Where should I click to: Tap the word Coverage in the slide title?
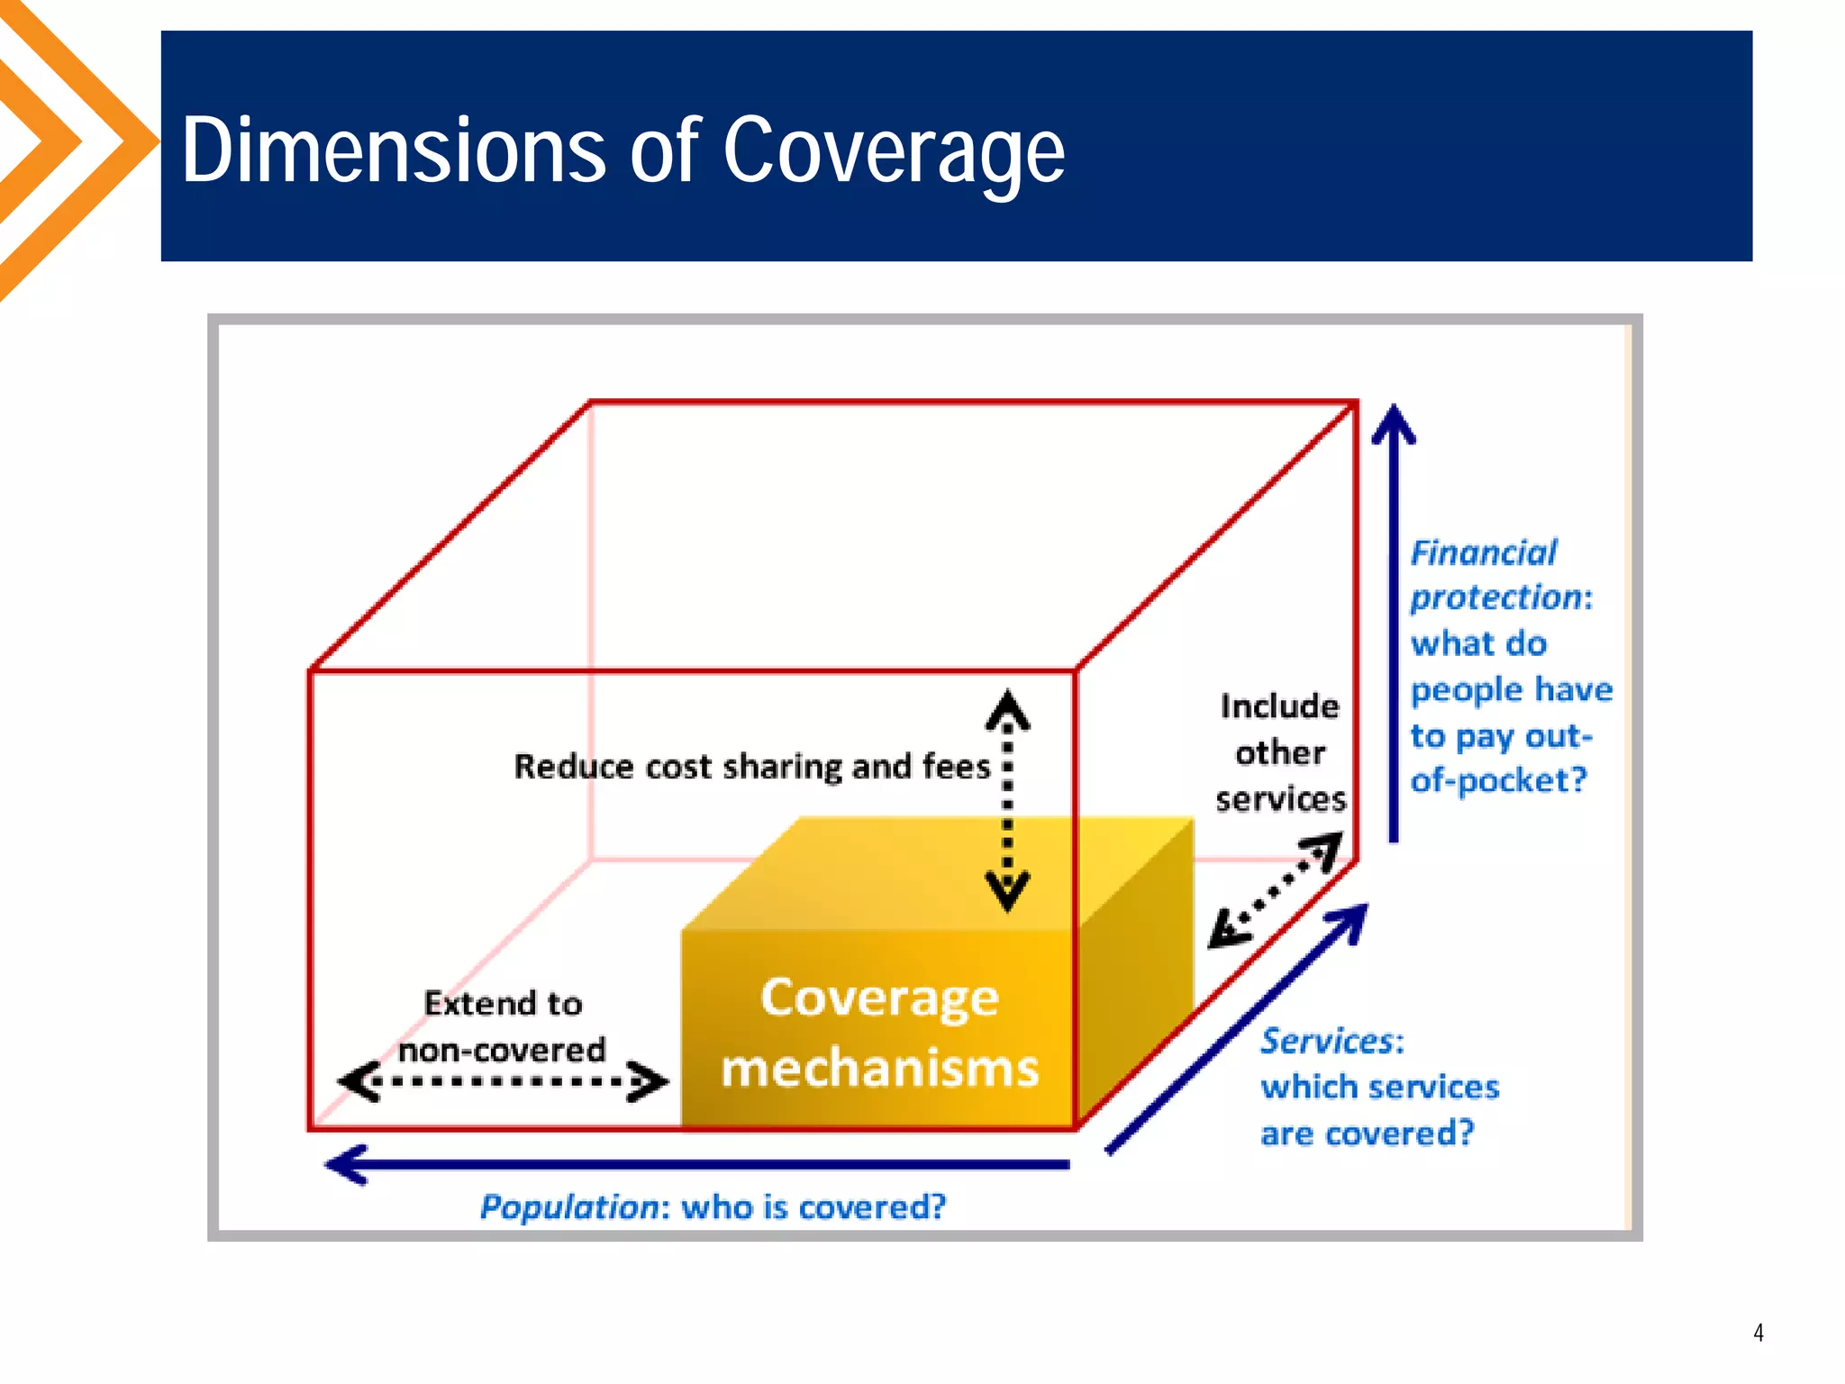coord(893,151)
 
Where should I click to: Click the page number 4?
coord(1758,1333)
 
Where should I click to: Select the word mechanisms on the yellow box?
coord(879,1069)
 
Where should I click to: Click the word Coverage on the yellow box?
coord(879,998)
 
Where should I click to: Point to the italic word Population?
coord(569,1206)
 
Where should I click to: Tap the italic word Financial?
coord(1483,553)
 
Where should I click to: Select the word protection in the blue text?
coord(1495,598)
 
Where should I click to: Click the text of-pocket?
coord(1497,780)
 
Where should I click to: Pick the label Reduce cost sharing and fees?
coord(751,767)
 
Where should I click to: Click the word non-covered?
coord(502,1051)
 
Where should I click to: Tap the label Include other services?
coord(1279,752)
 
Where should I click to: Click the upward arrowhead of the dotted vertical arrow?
coord(1007,709)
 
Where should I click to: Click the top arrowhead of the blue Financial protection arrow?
coord(1393,423)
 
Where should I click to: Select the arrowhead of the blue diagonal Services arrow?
coord(1351,921)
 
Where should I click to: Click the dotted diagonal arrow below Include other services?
coord(1275,890)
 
